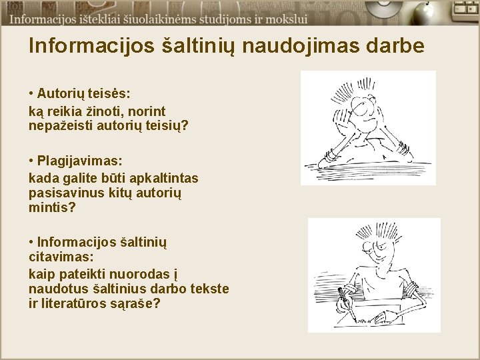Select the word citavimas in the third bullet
61,257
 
